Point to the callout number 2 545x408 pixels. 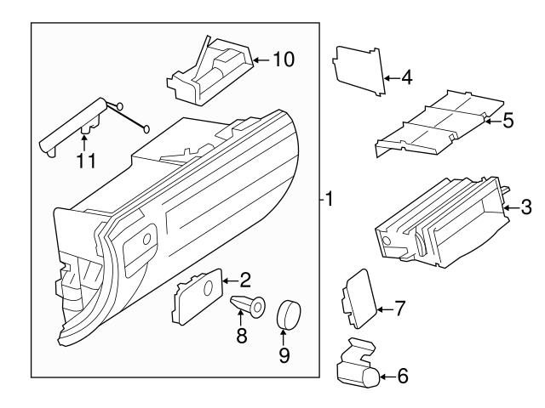tap(245, 279)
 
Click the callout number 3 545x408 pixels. tap(526, 206)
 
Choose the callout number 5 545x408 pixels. tap(508, 121)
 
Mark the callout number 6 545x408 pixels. tap(403, 375)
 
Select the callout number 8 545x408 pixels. tap(241, 337)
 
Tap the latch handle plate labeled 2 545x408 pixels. tap(197, 298)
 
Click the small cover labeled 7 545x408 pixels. tap(359, 297)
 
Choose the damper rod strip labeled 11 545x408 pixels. tap(72, 124)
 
